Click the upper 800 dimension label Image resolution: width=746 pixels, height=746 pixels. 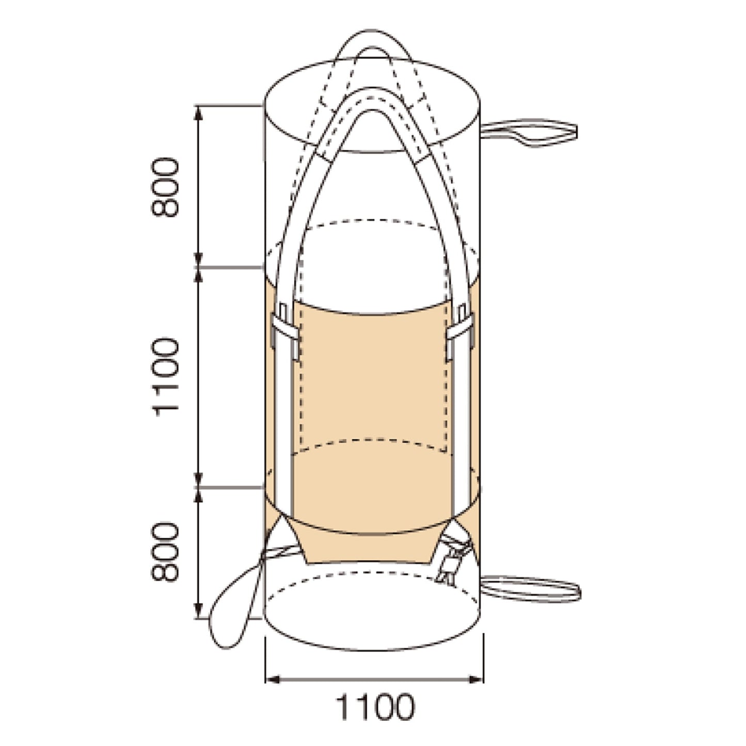(x=165, y=187)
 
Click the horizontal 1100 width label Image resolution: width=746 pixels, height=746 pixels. (x=374, y=709)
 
